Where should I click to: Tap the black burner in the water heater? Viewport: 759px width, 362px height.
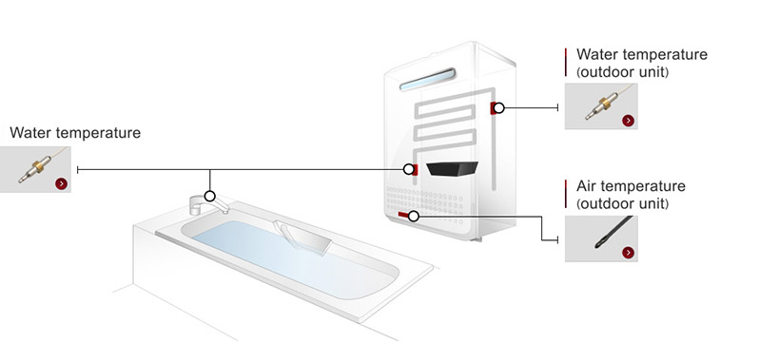(452, 169)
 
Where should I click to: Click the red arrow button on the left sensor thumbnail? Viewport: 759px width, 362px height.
(61, 183)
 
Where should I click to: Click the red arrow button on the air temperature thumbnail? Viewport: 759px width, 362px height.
(628, 252)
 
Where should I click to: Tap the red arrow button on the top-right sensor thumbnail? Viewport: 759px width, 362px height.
(628, 121)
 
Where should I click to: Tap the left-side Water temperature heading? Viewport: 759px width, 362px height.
(75, 133)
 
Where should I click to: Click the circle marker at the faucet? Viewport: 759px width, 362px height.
(210, 196)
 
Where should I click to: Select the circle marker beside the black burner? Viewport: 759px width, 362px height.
(409, 169)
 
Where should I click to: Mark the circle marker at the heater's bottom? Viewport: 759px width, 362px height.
(414, 216)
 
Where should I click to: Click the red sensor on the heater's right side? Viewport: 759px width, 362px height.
(493, 108)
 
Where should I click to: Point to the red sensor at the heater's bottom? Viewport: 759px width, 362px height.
(404, 216)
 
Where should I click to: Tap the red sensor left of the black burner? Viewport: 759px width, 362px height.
(417, 169)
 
